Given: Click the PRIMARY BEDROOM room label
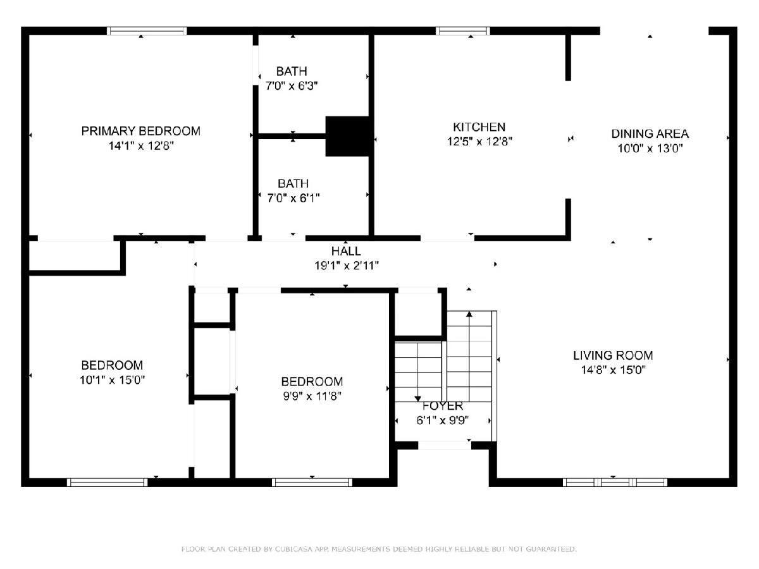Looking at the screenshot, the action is tap(141, 132).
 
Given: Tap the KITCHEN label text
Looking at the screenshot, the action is tap(479, 127).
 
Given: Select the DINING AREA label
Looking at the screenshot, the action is tap(650, 133).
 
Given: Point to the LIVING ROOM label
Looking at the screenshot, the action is tap(613, 355).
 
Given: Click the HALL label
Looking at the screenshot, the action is tap(346, 251).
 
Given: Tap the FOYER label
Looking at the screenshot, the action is tap(443, 406).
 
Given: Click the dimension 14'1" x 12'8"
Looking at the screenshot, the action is tap(141, 146).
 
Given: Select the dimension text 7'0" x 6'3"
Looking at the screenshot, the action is tap(292, 86).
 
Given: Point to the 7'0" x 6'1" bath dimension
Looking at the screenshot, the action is tap(293, 199).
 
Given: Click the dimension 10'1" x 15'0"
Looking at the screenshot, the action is tap(112, 381).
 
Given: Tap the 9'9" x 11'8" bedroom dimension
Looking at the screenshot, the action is tap(312, 396).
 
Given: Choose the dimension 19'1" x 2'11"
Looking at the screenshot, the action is tap(347, 266).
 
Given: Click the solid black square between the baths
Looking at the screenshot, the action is tap(347, 137).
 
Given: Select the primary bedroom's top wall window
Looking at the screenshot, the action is tap(147, 31).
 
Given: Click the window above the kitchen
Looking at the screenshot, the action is tap(462, 31).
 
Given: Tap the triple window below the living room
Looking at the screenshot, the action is tap(615, 482).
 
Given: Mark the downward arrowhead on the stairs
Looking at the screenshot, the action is tap(417, 399).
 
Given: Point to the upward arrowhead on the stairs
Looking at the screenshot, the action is tap(469, 314).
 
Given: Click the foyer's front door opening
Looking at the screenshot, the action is tap(445, 445).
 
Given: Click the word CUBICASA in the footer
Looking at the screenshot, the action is tap(293, 549).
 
